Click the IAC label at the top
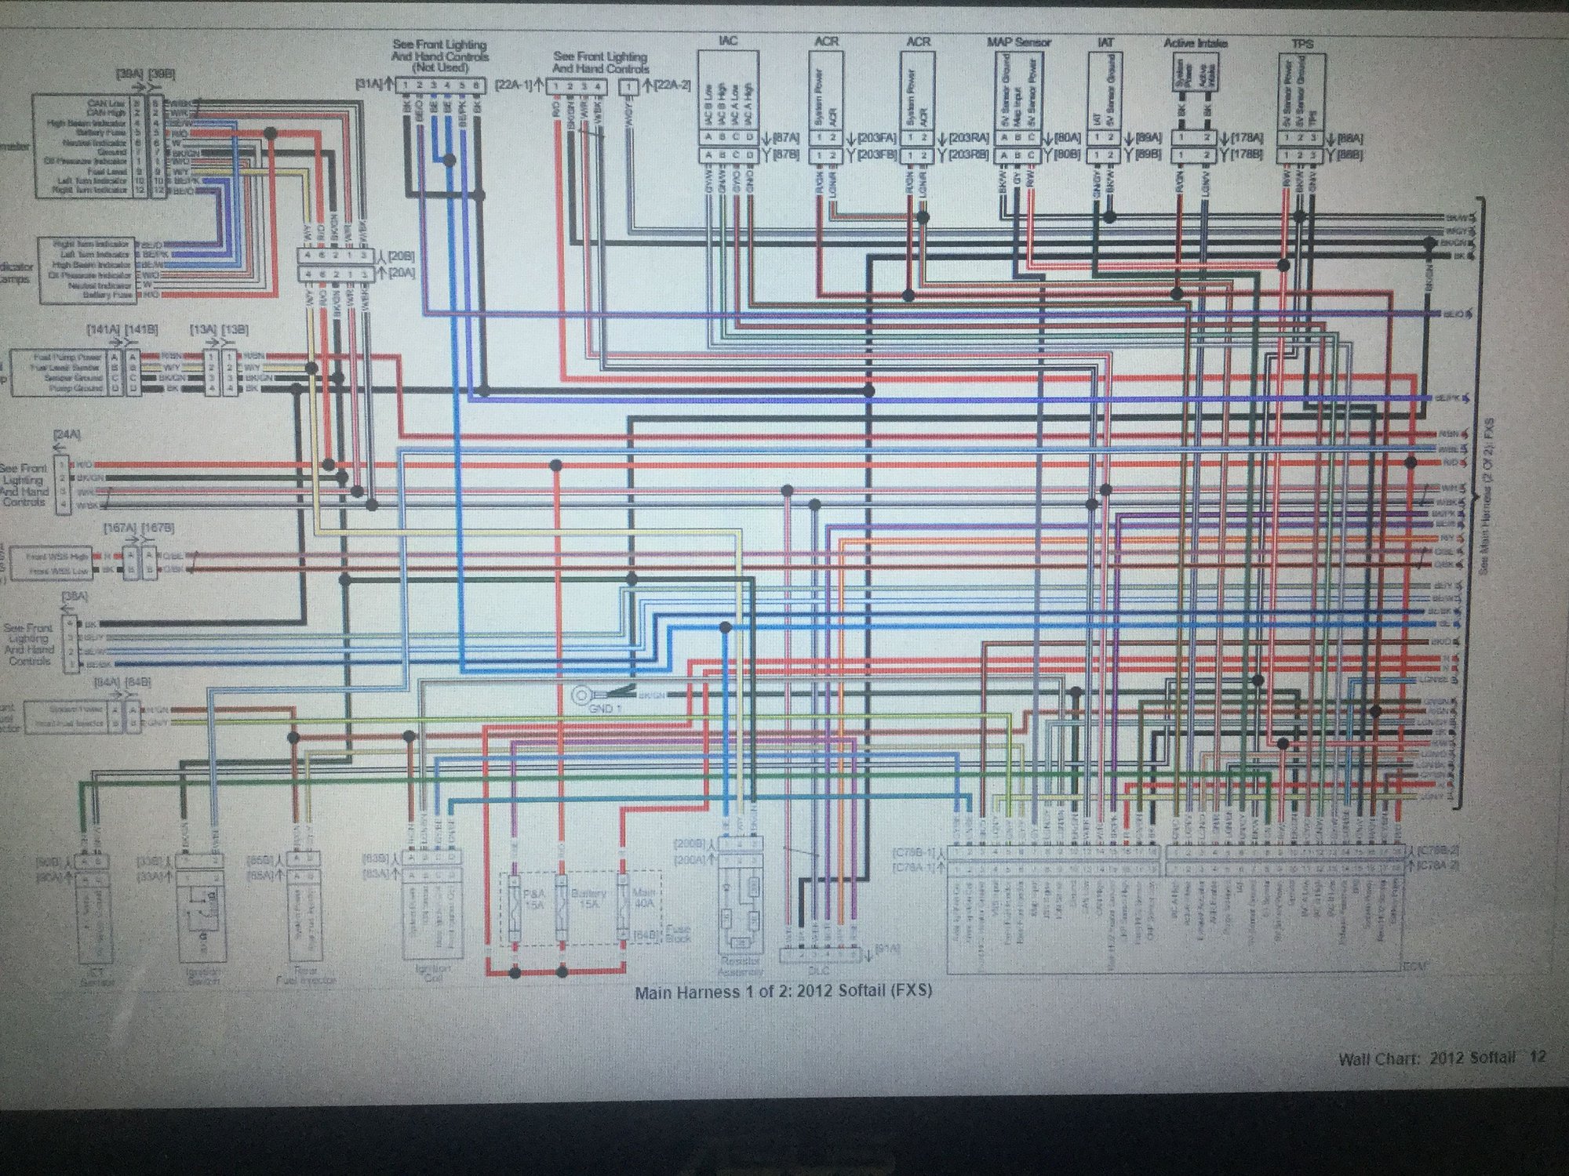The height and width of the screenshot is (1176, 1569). (x=728, y=40)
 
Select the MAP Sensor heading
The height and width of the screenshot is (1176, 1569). (x=1018, y=42)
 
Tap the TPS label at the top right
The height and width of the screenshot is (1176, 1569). (x=1301, y=44)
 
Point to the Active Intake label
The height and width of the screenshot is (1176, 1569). (x=1195, y=43)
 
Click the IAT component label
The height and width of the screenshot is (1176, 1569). (x=1105, y=42)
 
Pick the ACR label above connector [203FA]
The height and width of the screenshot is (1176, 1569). (x=827, y=41)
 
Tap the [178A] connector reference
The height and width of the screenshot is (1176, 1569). (x=1247, y=138)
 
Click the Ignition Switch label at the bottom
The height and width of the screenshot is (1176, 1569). (x=202, y=975)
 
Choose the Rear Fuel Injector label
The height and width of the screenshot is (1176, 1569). (x=305, y=975)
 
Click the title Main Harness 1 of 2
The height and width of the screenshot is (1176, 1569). (x=783, y=992)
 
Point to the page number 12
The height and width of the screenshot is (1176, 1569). (x=1537, y=1057)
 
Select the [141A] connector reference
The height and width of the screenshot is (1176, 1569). (x=111, y=330)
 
